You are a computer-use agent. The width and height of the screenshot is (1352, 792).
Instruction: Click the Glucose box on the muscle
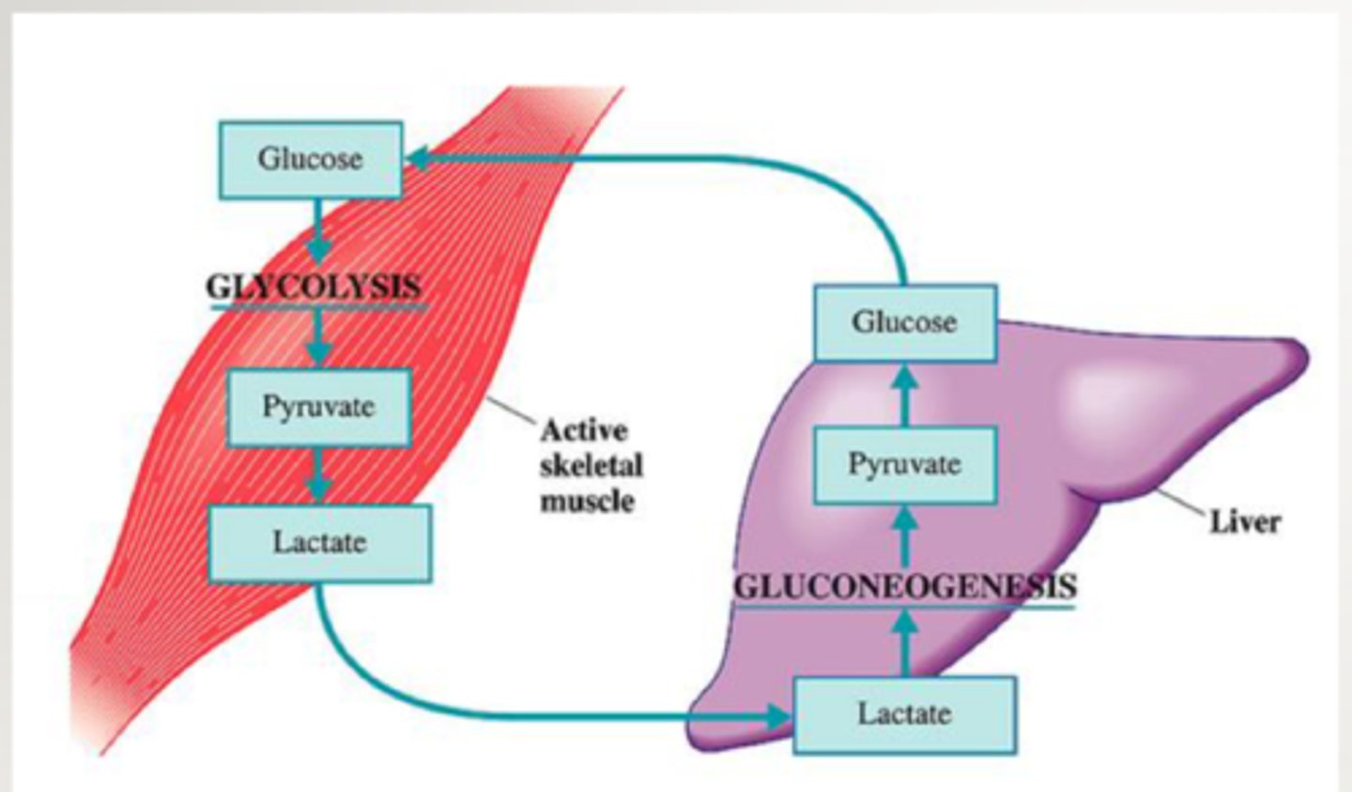pos(311,159)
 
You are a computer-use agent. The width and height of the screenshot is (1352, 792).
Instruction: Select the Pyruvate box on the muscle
pos(318,407)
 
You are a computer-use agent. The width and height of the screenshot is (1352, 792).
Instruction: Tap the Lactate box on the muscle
pos(319,543)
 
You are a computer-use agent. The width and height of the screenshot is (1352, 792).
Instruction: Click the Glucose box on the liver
pos(904,322)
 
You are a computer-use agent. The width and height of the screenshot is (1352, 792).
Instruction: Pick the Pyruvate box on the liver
pos(904,464)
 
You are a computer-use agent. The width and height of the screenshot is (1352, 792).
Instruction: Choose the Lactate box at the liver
pos(904,714)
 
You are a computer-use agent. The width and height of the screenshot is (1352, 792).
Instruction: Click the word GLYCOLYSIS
pos(315,287)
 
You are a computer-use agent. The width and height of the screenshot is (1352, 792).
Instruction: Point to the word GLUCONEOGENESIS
pos(904,586)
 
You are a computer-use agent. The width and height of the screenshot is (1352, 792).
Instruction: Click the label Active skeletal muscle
pos(591,466)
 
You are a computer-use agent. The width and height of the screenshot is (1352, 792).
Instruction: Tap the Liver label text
pos(1244,521)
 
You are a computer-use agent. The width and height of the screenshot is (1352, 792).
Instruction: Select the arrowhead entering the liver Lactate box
pos(778,717)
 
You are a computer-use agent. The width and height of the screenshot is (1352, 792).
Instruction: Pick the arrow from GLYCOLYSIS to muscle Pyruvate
pos(318,338)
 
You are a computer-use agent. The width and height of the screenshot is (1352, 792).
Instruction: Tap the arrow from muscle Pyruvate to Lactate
pos(318,476)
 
